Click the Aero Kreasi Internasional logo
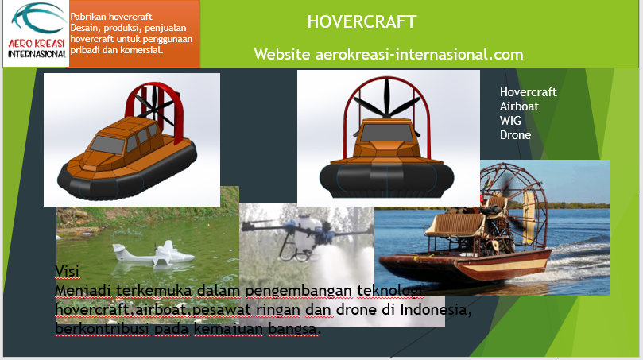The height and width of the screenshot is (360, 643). click(37, 32)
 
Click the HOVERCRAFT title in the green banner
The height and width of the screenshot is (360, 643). click(362, 22)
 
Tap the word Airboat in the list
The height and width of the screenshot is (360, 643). click(519, 106)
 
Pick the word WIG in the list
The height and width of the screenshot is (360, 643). click(510, 121)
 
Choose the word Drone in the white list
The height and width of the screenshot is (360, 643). click(515, 135)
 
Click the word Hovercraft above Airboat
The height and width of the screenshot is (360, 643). click(529, 92)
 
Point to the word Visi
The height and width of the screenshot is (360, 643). click(67, 271)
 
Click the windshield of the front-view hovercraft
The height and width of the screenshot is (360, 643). click(386, 133)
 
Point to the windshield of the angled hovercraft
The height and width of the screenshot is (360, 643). click(107, 145)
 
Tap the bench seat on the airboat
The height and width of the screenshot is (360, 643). click(454, 226)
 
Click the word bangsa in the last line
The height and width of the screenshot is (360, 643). click(293, 328)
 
